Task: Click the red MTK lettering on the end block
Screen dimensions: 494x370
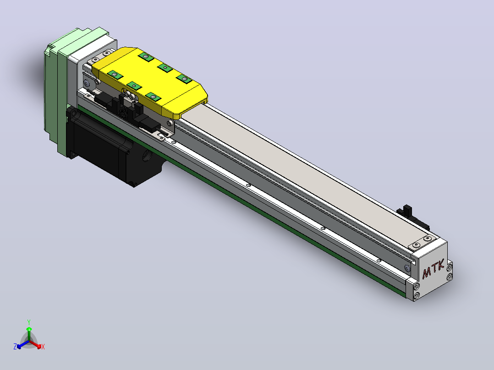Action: point(433,269)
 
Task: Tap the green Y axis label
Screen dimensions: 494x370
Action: point(29,322)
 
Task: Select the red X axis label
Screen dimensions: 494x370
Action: point(43,347)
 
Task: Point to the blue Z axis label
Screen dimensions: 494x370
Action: point(15,346)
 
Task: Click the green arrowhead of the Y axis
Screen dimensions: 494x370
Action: point(29,329)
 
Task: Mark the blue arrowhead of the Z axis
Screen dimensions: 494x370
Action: point(19,346)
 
